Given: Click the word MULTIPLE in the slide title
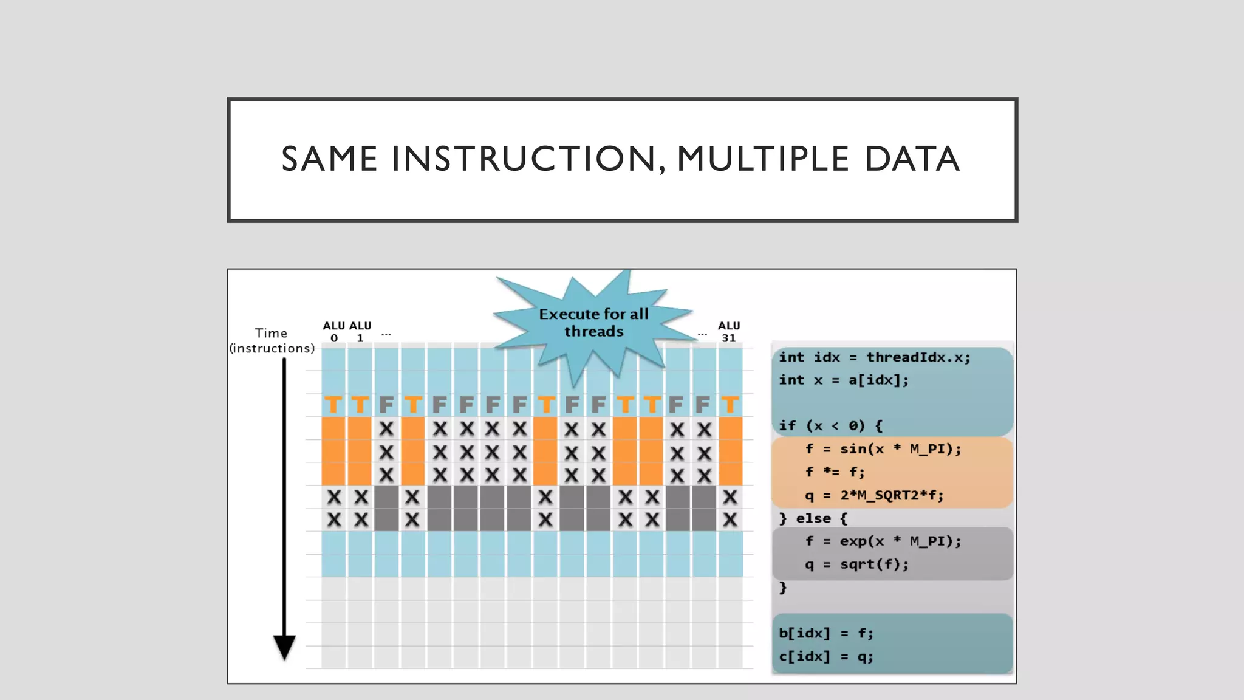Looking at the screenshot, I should [762, 159].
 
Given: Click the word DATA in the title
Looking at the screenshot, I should [912, 159].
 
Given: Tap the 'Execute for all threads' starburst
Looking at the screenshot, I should [593, 323].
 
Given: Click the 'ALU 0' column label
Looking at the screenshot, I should [333, 332].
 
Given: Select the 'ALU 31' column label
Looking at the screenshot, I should [729, 332].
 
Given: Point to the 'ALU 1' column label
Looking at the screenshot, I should [360, 332].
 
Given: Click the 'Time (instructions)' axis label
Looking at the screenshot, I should [272, 341].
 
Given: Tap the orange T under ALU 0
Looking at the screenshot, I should [333, 405].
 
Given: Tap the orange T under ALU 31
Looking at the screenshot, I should [730, 405].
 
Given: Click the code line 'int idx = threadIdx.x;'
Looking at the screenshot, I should [875, 357].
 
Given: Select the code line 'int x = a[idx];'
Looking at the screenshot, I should [844, 380].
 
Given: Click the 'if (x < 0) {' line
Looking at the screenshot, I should [830, 426].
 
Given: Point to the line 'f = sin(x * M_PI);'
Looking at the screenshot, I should [883, 449].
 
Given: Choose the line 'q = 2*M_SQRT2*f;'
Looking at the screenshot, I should [874, 495].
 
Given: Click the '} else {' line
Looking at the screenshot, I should [813, 518].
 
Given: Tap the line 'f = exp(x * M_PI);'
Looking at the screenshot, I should [883, 541].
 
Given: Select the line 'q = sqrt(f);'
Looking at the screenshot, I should [856, 564].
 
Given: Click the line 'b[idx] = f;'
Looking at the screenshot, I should [826, 633].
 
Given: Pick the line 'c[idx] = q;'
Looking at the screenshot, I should [826, 656].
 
